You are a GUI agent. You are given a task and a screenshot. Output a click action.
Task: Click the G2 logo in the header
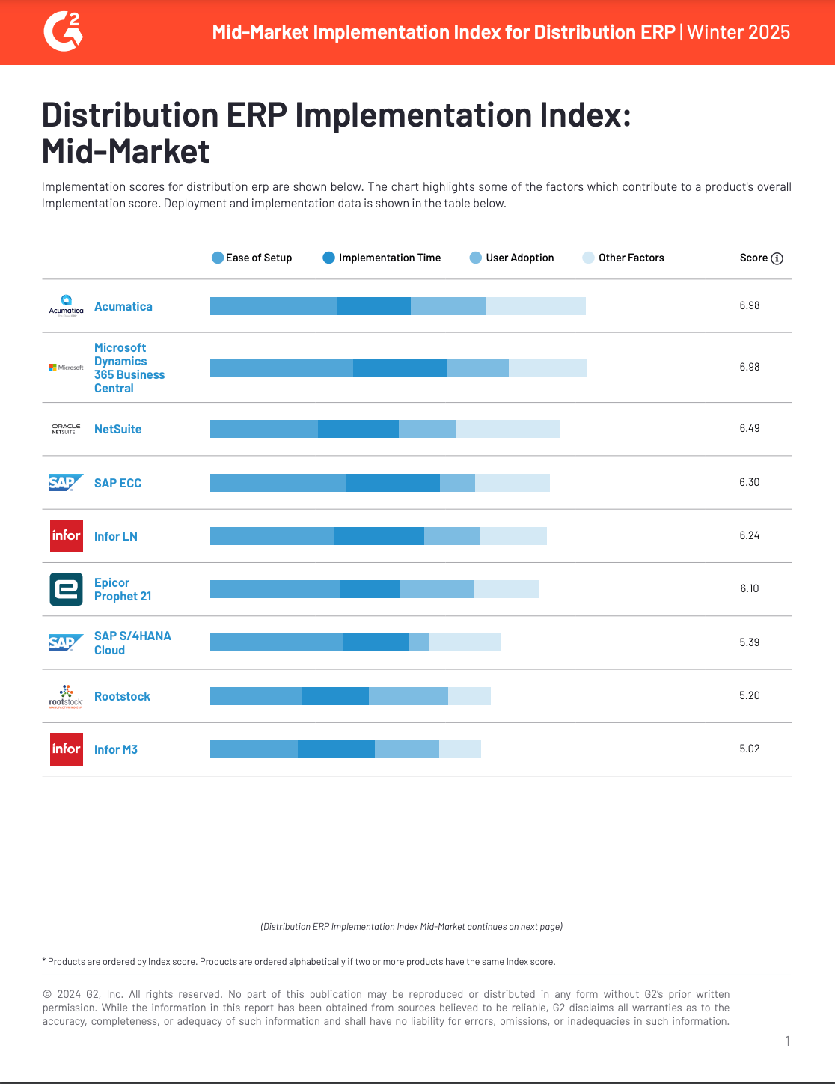(63, 32)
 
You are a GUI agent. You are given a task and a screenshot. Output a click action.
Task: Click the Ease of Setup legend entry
(252, 258)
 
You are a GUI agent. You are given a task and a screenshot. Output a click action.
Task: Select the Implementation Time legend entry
(382, 258)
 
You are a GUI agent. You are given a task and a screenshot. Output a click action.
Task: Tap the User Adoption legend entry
(512, 258)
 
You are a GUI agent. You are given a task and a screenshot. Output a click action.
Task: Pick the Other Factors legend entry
(623, 258)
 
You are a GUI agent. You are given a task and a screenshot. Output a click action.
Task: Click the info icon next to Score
(777, 258)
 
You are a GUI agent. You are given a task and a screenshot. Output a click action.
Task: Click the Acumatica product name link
(123, 306)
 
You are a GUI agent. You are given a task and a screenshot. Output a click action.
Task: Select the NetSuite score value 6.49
(749, 428)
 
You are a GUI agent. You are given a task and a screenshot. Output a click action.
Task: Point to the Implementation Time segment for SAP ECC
(392, 483)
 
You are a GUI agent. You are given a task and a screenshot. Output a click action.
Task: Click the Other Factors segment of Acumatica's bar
(535, 306)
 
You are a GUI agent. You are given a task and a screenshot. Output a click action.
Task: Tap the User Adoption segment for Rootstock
(408, 696)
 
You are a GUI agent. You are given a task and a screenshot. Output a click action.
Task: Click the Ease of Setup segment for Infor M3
(254, 749)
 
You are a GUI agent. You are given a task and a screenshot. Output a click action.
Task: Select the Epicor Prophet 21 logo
(66, 589)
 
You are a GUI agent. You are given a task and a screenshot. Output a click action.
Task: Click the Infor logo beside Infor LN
(66, 536)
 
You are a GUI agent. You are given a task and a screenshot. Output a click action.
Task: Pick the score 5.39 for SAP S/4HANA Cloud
(749, 642)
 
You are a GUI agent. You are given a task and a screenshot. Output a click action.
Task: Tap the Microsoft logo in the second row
(66, 368)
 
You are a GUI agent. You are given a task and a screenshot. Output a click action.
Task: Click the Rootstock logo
(66, 696)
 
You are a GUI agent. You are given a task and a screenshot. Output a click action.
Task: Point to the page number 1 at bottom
(787, 1041)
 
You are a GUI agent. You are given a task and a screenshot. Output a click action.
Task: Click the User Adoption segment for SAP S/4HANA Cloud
(418, 642)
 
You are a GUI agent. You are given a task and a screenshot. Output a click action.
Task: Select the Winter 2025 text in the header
(738, 32)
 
